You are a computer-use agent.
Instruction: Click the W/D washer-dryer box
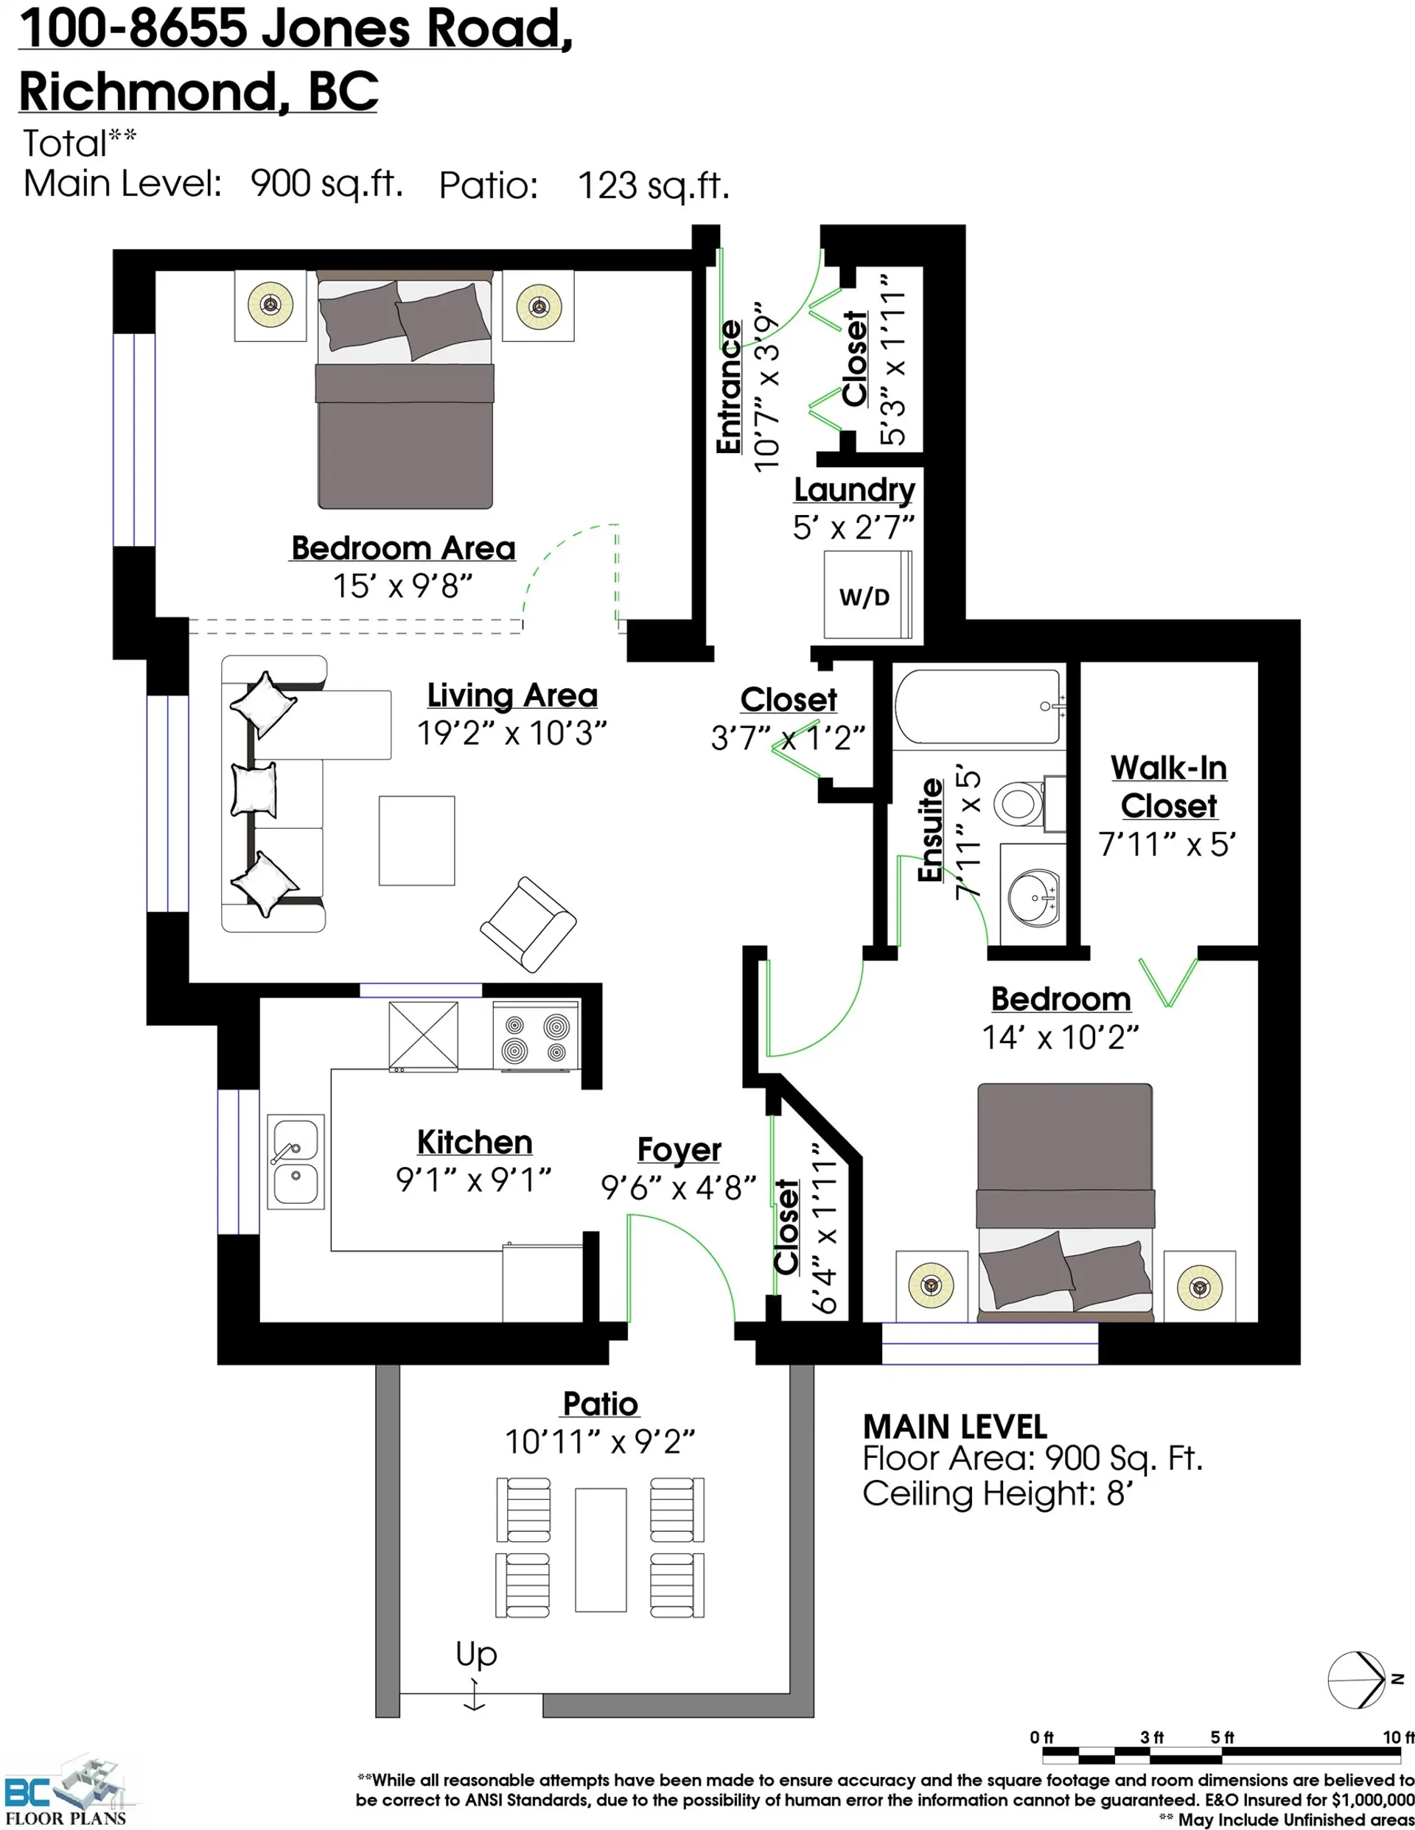coord(867,596)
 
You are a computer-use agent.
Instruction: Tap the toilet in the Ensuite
coord(1020,803)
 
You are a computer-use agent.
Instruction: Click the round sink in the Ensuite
coord(1033,897)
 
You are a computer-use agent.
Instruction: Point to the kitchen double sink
coord(295,1160)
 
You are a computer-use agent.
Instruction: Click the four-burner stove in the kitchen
coord(536,1037)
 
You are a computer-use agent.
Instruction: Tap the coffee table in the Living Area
coord(416,841)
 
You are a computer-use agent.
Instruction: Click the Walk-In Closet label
coord(1169,786)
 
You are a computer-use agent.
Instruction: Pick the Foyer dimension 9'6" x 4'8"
coord(678,1188)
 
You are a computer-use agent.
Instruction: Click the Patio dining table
coord(600,1549)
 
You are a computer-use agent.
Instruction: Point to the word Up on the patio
coord(476,1653)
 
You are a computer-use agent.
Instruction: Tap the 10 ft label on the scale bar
coord(1397,1737)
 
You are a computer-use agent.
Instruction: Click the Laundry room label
coord(854,489)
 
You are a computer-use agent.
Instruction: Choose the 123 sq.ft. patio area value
coord(653,185)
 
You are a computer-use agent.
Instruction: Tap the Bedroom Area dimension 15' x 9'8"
coord(402,586)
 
